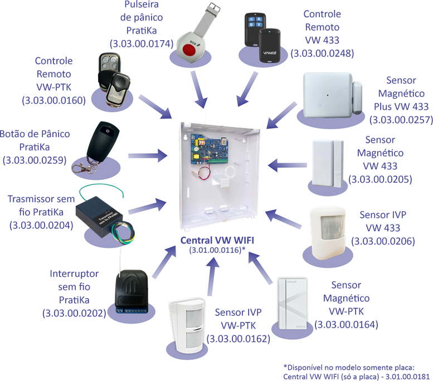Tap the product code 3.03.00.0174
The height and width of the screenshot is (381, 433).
142,43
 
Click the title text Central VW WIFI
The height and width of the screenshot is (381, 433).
217,240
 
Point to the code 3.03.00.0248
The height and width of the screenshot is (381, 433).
322,53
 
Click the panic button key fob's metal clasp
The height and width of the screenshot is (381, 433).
81,167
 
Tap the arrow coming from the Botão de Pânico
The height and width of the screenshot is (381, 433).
148,156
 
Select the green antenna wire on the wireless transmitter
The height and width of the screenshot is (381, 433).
101,191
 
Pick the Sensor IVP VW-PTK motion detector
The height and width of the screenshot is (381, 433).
187,326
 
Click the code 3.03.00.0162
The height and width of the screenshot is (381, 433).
239,339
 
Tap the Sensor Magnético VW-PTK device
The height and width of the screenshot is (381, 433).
293,304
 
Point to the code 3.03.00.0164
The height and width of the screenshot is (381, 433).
346,324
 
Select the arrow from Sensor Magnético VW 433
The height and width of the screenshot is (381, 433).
287,165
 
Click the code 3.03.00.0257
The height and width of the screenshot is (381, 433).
401,120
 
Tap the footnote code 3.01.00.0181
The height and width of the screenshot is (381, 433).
407,377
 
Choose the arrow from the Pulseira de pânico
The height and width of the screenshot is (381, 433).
199,89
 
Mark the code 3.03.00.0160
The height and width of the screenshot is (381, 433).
54,100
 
